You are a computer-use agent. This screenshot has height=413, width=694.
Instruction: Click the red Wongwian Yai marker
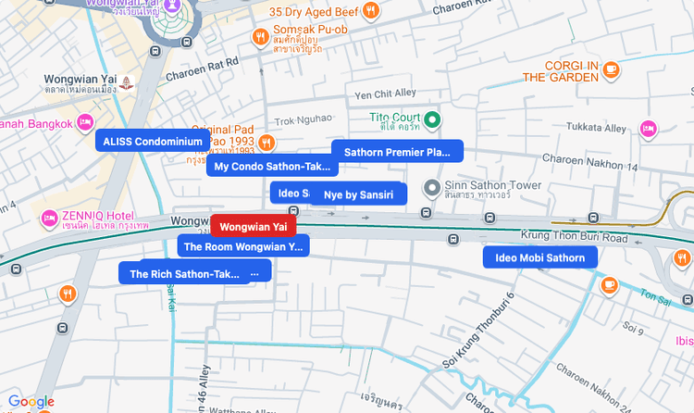[254, 226]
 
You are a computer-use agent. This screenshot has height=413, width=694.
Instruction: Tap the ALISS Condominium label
[153, 141]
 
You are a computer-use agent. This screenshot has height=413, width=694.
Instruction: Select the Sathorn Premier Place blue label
[397, 152]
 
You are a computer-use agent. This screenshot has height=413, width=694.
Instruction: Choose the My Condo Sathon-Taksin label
[272, 167]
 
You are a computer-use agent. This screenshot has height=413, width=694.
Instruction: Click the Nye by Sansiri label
[358, 194]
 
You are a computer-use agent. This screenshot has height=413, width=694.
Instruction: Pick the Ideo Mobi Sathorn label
[539, 257]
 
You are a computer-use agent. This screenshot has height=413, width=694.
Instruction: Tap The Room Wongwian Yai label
[243, 246]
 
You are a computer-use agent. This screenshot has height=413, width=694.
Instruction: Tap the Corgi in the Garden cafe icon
[610, 69]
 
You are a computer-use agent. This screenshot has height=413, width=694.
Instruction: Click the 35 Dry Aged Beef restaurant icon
[370, 12]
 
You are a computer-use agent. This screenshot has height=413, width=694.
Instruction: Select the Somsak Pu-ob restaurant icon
[262, 37]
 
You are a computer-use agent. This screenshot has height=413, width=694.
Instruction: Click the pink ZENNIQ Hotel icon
[49, 219]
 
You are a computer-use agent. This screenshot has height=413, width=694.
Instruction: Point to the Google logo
[31, 402]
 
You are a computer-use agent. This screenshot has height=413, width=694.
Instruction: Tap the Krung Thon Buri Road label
[588, 238]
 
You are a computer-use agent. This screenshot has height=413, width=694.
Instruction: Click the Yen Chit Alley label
[386, 94]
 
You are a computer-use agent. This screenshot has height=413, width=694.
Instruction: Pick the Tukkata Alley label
[596, 127]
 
